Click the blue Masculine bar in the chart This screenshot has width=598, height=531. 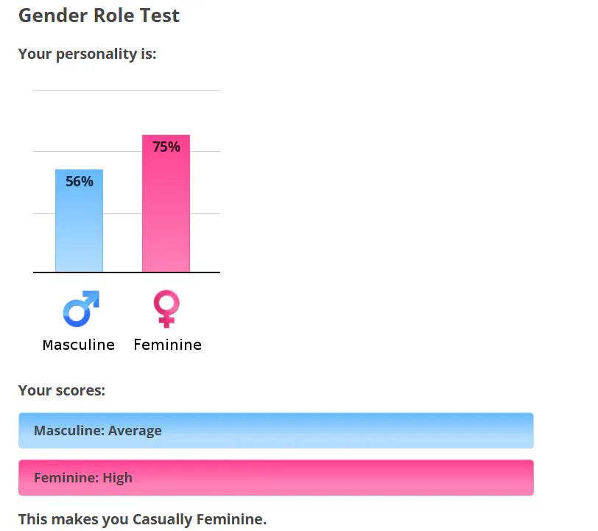79,220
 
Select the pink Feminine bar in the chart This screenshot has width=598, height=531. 166,203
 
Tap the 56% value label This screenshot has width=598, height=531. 80,181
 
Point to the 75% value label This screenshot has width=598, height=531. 166,147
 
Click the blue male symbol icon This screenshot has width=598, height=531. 81,309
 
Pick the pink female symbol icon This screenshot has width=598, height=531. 166,309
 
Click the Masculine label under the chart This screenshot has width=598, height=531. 79,345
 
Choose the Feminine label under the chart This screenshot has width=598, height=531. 167,345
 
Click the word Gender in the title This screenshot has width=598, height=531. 53,15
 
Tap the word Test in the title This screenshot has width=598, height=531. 159,15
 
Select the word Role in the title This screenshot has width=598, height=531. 113,15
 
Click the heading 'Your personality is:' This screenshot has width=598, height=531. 88,54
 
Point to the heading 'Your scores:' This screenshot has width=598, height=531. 62,390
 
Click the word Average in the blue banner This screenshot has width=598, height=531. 135,431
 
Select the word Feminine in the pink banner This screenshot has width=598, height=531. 66,477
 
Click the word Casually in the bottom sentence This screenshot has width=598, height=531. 163,519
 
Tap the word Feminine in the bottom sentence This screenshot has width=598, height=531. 231,519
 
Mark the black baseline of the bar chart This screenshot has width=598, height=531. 127,272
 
